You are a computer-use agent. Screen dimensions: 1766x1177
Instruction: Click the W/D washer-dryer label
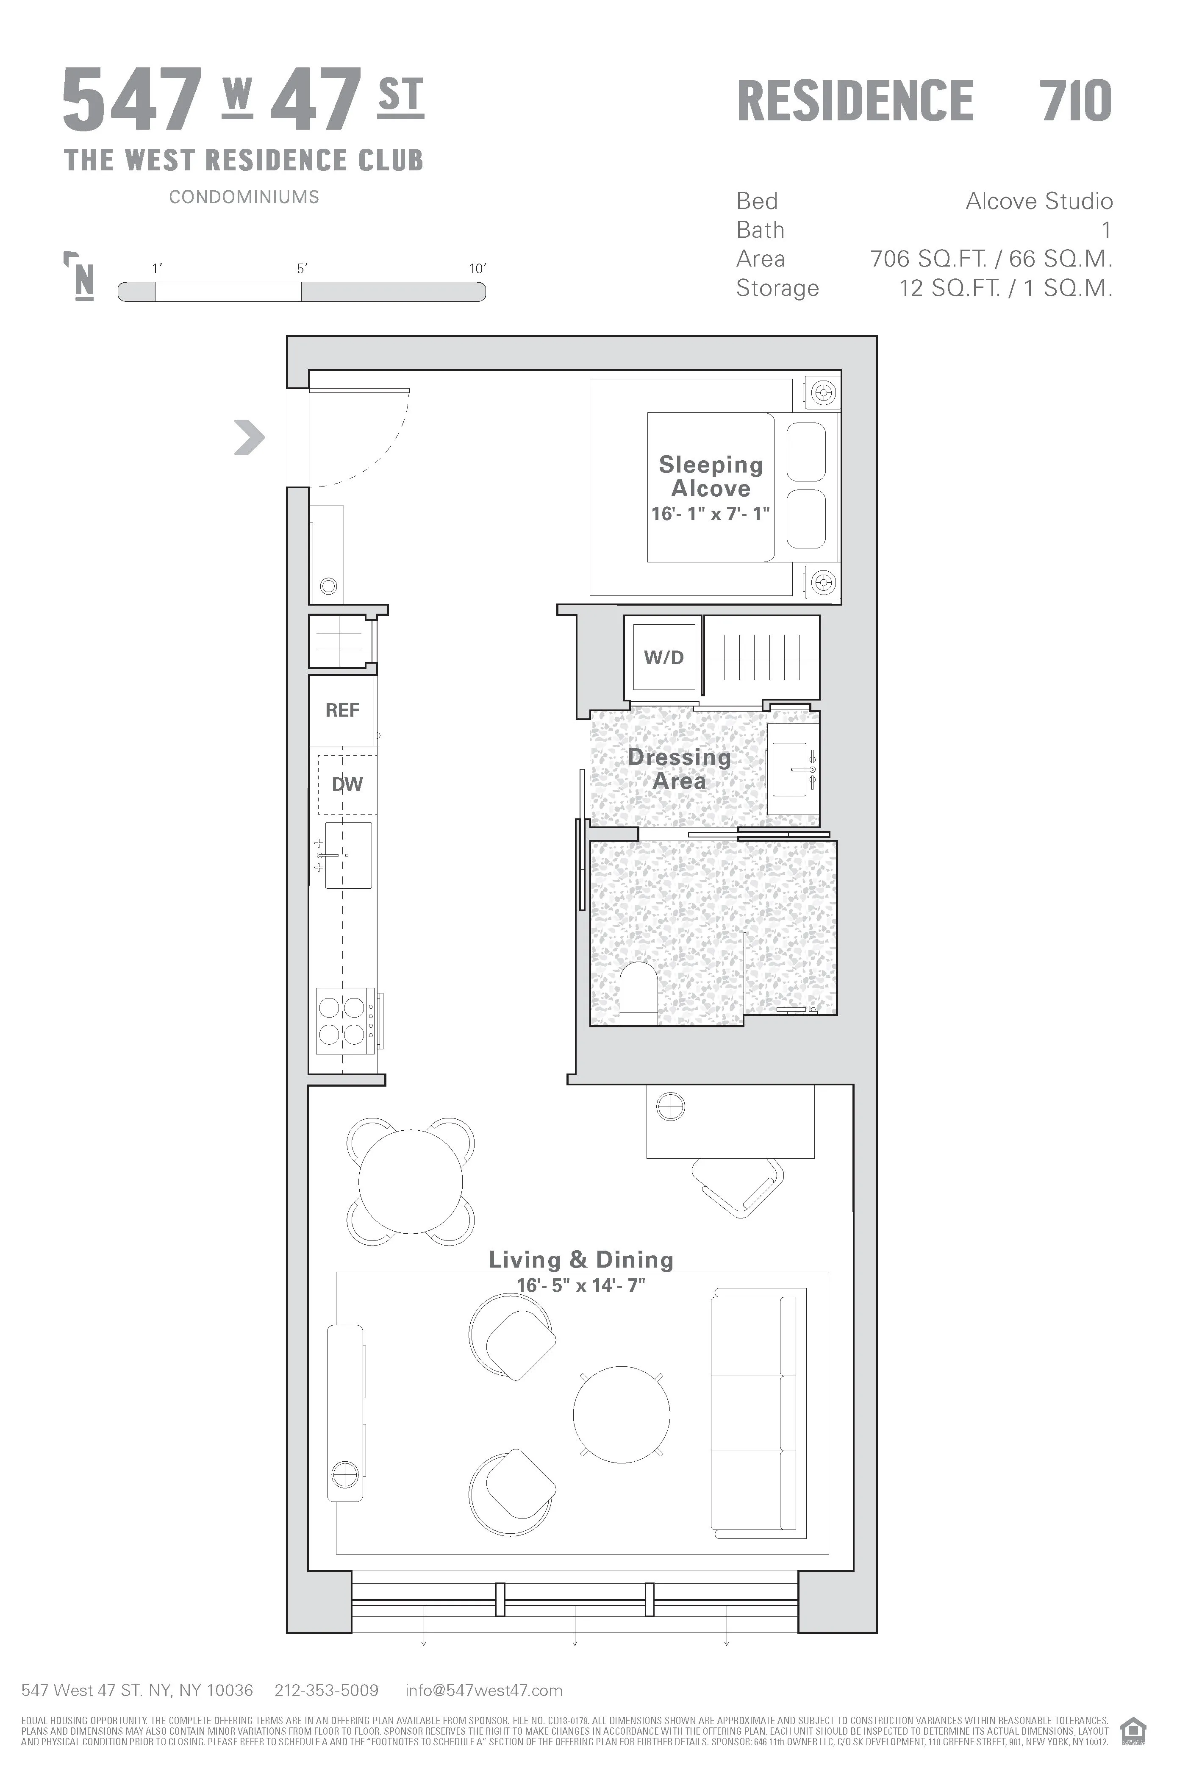(663, 658)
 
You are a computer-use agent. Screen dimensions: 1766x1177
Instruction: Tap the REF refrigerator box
(342, 710)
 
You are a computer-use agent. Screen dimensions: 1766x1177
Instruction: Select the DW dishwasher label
(347, 784)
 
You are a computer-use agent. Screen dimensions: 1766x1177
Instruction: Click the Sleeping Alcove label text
(710, 477)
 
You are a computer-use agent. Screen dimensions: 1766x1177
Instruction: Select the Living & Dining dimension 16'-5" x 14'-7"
(581, 1285)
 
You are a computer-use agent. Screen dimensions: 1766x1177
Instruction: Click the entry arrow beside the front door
(249, 438)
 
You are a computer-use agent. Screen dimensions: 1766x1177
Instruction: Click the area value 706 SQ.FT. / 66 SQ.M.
(991, 259)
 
